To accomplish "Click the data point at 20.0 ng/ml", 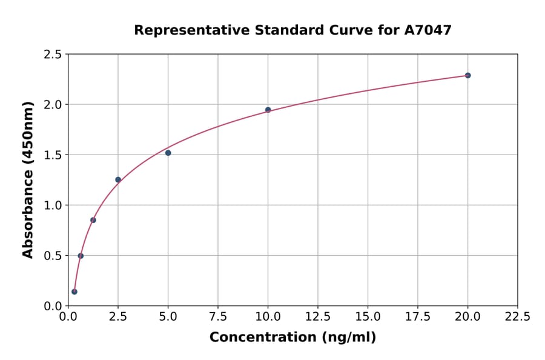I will [x=467, y=76].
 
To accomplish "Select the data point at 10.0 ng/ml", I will [x=268, y=110].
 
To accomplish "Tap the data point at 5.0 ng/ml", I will [x=168, y=153].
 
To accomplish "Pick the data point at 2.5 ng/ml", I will [x=118, y=179].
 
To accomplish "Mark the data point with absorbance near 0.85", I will [x=93, y=220].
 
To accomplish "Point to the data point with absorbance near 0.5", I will [x=81, y=256].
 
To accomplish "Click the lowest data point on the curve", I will [x=74, y=292].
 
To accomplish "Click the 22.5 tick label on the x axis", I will [x=517, y=316].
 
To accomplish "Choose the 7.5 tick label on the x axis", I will [x=218, y=316].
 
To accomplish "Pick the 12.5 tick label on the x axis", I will [x=318, y=316].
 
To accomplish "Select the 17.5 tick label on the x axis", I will [x=418, y=316].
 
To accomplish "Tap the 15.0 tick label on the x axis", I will [x=368, y=316].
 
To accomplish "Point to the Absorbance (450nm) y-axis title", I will [x=28, y=179].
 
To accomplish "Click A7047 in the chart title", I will [x=428, y=30].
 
